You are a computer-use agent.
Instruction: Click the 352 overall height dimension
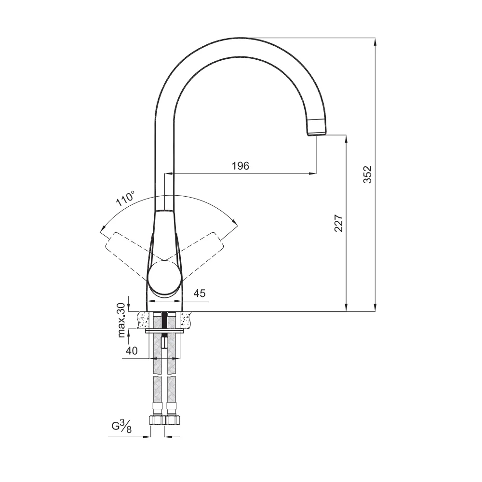click(367, 174)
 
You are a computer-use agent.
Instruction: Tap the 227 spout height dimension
click(338, 223)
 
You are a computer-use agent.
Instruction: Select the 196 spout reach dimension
click(241, 166)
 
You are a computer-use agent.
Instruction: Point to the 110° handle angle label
click(125, 198)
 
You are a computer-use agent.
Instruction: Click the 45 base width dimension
click(200, 293)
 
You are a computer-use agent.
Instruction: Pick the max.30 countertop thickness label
click(122, 320)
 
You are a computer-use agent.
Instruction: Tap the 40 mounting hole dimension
click(132, 351)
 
